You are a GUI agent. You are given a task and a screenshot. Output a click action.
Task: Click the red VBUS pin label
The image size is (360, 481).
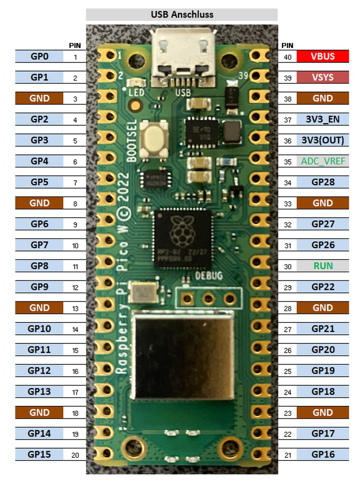(322, 56)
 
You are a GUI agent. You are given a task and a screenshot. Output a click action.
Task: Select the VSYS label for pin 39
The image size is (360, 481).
(322, 77)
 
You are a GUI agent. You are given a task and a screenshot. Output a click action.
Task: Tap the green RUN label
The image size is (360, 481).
(322, 266)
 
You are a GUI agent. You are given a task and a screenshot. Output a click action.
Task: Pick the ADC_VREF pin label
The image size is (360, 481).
(322, 161)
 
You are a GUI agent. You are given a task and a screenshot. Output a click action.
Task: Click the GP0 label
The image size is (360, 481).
(39, 56)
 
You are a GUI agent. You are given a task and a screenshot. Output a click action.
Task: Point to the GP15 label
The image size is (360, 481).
(39, 454)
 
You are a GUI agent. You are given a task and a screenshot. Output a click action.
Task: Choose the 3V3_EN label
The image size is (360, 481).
(322, 119)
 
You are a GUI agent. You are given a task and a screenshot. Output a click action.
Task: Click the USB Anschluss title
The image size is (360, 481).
(182, 14)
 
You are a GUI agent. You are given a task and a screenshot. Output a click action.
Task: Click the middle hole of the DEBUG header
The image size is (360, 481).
(208, 299)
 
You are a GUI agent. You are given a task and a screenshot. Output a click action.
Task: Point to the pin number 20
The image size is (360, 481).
(75, 455)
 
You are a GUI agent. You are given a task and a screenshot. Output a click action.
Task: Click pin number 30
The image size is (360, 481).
(288, 267)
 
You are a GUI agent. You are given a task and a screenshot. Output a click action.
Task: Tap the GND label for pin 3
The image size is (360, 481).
(39, 98)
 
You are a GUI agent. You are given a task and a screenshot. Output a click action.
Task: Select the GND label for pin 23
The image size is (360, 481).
(322, 412)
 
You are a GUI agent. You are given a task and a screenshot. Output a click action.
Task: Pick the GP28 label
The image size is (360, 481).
(322, 182)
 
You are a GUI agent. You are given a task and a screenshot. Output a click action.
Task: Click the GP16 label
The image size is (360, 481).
(322, 454)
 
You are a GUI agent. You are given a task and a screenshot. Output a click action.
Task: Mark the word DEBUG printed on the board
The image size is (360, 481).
(209, 276)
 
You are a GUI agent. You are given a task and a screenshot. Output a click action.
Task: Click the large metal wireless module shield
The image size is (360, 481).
(184, 355)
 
